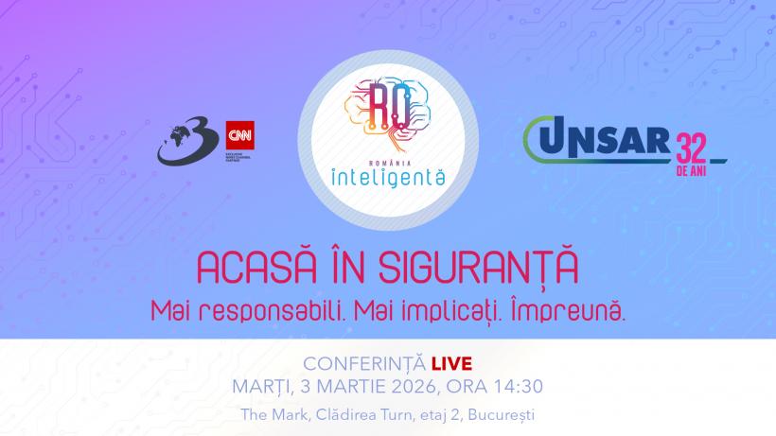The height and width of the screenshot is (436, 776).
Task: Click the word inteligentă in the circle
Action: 387,175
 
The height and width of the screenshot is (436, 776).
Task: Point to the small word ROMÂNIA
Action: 387,156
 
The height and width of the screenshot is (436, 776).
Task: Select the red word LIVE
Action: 450,363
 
